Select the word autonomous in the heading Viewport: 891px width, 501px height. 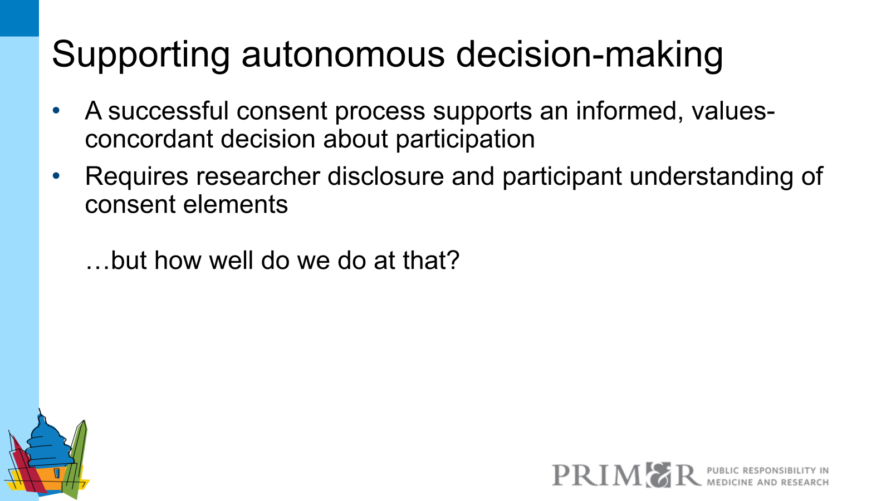[342, 55]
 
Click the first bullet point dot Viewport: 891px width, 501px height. [56, 110]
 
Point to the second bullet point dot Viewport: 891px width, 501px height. [56, 176]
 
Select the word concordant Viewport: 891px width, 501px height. [149, 139]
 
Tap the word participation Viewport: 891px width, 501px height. [465, 139]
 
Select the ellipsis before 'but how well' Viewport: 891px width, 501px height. [97, 266]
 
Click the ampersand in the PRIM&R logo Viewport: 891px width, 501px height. [658, 475]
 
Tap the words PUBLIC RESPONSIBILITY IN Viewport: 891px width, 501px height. [767, 470]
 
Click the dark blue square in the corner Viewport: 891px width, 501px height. [19, 18]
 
